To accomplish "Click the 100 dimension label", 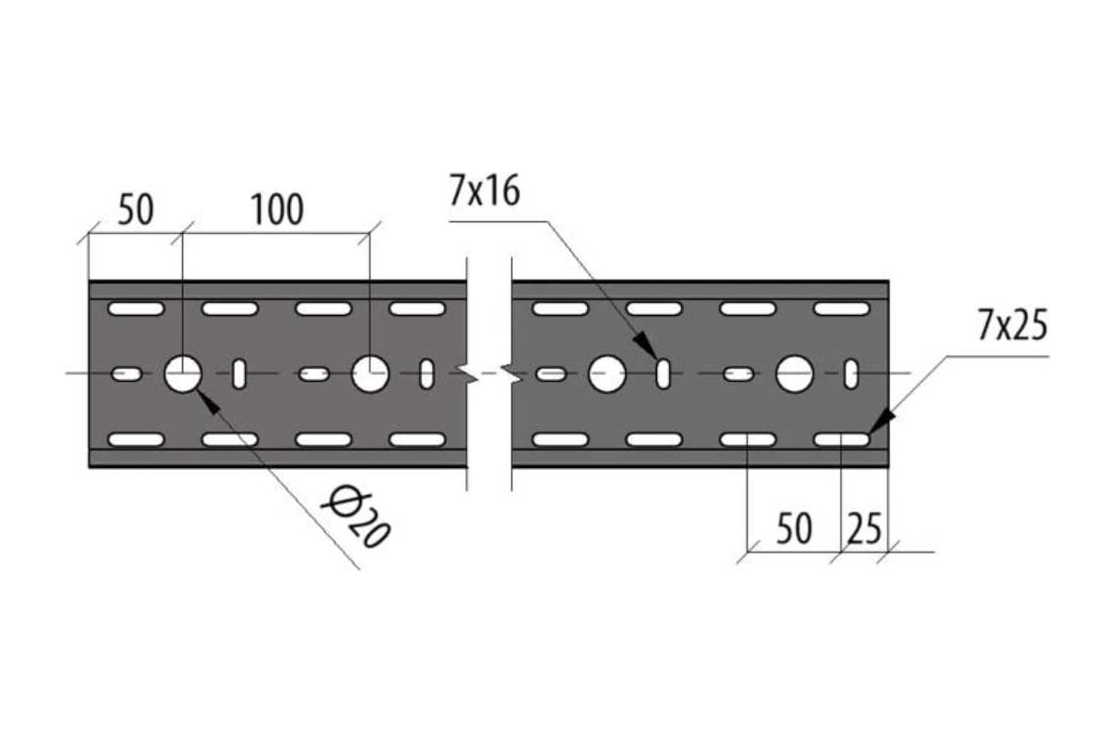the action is coord(277,210).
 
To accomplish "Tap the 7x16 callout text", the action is coord(484,190).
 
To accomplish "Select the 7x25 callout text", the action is coord(1013,325).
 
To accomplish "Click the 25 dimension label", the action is coord(865,528).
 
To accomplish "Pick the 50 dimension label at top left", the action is coord(136,210).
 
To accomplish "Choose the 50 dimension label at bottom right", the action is coord(794,528).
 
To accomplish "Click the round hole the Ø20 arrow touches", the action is coord(183,373).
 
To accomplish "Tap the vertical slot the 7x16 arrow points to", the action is coord(663,373).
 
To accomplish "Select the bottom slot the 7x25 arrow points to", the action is coord(842,440).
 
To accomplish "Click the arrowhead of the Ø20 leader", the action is coord(208,402).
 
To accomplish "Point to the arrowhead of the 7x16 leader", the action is coord(646,345).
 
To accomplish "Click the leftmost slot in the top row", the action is coord(136,308).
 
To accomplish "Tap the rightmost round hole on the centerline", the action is coord(794,373).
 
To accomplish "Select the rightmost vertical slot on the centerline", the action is coord(851,373).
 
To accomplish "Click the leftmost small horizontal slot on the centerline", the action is coord(126,373).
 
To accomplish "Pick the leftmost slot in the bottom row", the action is coord(136,440).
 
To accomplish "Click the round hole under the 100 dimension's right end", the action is coord(371,373).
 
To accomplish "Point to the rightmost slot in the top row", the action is coord(842,308).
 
